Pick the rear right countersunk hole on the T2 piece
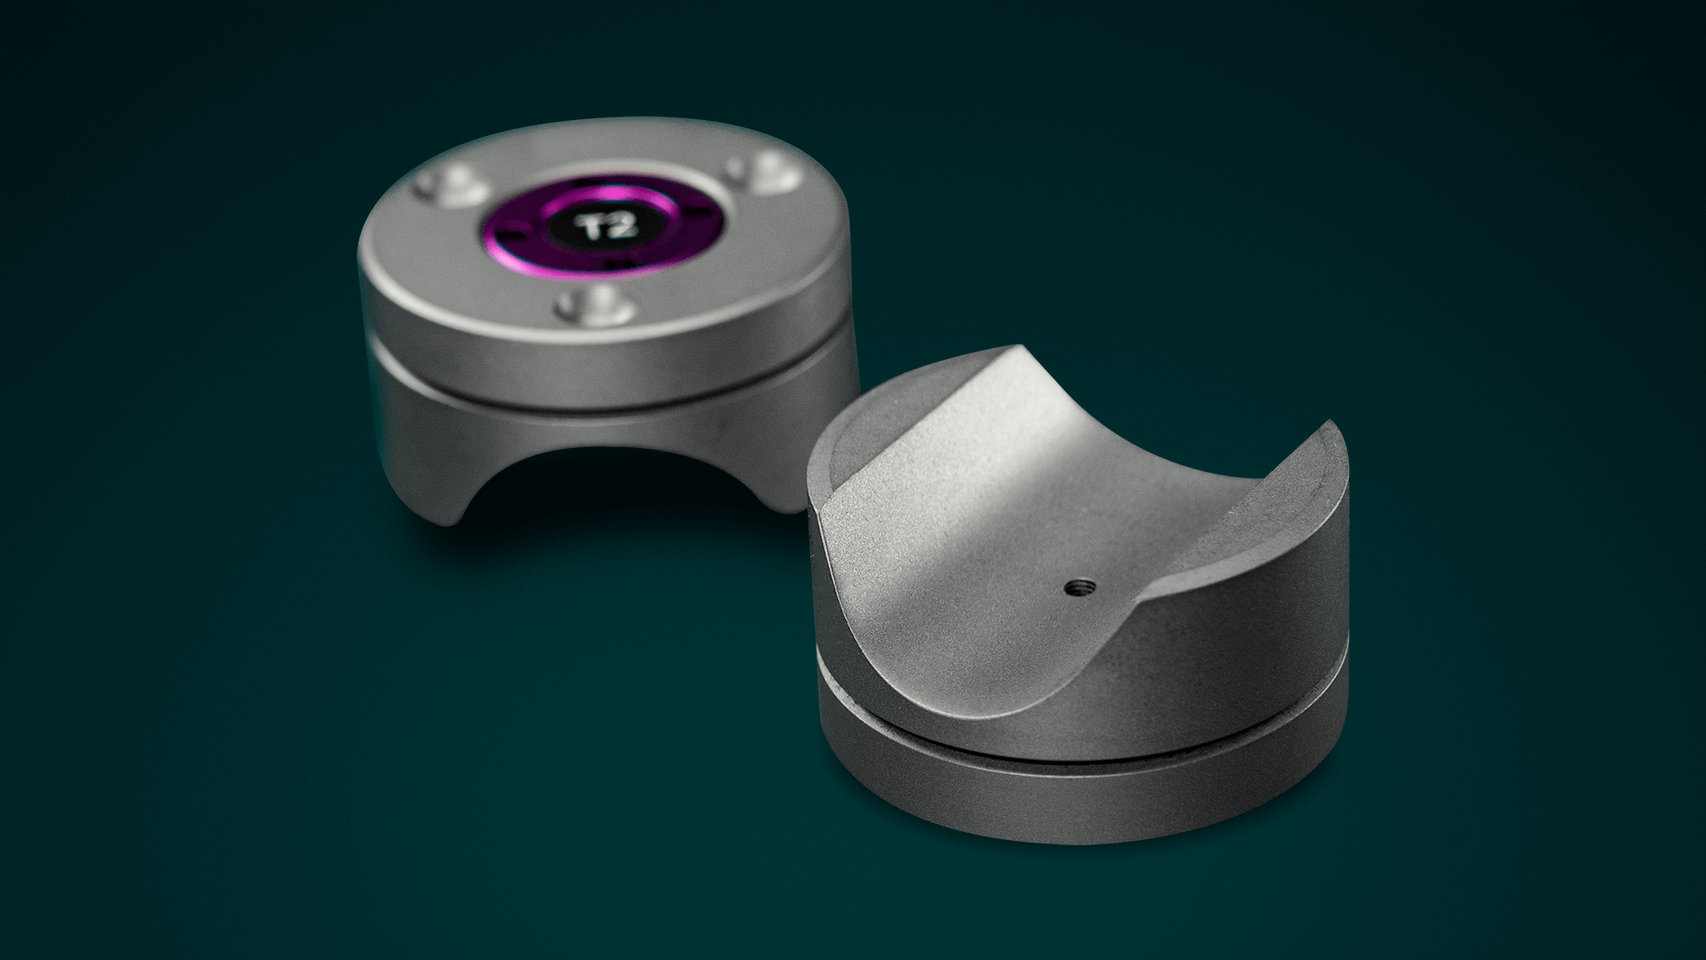[762, 171]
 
